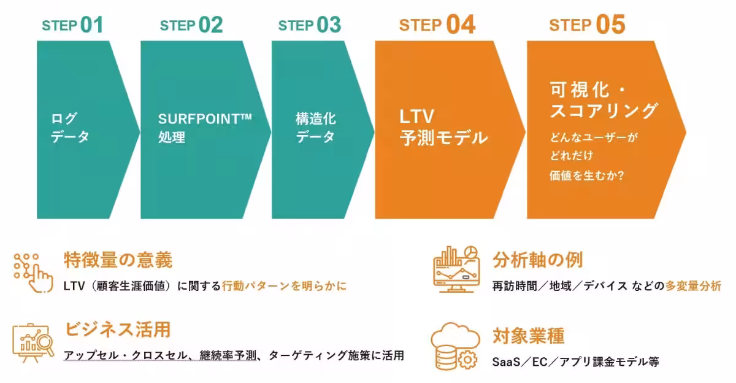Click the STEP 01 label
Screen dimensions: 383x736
pos(72,25)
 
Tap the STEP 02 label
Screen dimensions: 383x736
pos(191,25)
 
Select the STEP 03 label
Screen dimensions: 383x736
pos(309,25)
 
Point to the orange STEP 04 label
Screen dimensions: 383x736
pos(437,25)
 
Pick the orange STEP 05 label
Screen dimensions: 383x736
pos(587,25)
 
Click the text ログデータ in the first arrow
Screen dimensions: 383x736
pos(69,127)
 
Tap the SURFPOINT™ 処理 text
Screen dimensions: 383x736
pos(205,127)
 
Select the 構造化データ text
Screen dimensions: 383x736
pos(316,127)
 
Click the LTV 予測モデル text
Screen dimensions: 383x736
pos(443,127)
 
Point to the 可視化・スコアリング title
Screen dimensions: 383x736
pos(604,101)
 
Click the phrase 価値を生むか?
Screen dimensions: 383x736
pos(587,175)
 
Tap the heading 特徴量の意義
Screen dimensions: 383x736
pos(118,260)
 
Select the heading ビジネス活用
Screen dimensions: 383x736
pos(117,330)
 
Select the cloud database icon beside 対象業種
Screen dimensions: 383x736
pos(454,347)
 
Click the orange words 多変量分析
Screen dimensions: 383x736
pos(693,286)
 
